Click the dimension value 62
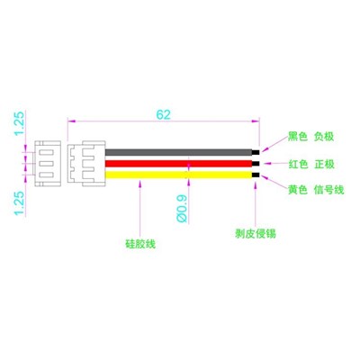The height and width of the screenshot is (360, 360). click(x=163, y=114)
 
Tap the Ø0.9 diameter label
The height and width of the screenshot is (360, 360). click(x=182, y=209)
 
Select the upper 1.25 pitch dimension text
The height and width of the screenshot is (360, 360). click(x=19, y=123)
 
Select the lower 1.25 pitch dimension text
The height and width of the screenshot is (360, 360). click(x=19, y=203)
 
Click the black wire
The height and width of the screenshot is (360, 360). click(x=178, y=152)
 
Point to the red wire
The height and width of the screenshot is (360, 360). click(x=178, y=164)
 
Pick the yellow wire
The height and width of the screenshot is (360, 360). click(x=178, y=175)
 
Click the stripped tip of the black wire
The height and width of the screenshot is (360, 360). click(x=256, y=152)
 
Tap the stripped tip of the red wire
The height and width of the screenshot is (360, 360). click(x=256, y=164)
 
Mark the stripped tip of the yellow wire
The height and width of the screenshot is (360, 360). click(x=256, y=175)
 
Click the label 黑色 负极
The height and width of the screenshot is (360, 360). click(x=310, y=137)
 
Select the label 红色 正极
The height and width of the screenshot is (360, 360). click(x=311, y=164)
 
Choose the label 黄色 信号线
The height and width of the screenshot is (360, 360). click(x=316, y=190)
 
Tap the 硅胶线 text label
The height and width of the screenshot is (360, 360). click(x=140, y=244)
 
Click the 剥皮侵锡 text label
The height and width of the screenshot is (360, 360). click(x=256, y=234)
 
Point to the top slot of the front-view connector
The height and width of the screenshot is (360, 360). click(x=47, y=152)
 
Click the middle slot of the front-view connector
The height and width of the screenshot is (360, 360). click(x=47, y=164)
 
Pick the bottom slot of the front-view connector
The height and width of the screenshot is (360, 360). click(x=47, y=175)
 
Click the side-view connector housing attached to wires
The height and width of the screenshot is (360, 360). click(x=86, y=164)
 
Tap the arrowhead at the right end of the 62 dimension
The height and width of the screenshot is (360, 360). click(x=256, y=121)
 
